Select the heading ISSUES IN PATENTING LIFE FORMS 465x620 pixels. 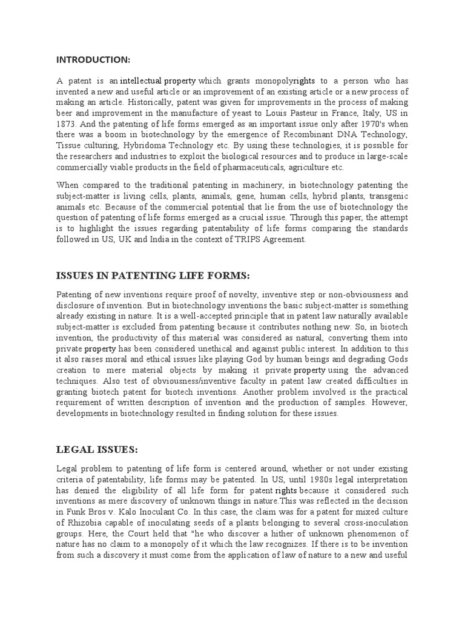point(153,275)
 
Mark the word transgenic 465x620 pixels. point(387,196)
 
